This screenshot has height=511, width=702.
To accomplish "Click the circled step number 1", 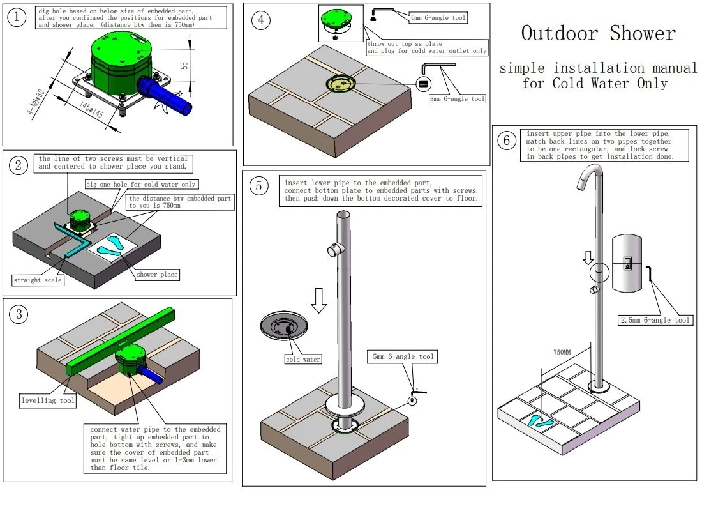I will pyautogui.click(x=17, y=18).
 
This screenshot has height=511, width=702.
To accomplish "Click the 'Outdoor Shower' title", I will pyautogui.click(x=598, y=33).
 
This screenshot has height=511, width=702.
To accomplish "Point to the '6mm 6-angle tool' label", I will pyautogui.click(x=438, y=19).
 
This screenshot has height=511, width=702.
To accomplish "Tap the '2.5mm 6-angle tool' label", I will pyautogui.click(x=655, y=320).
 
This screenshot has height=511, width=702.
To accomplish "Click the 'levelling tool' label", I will pyautogui.click(x=48, y=401).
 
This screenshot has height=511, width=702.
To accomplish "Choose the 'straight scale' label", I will pyautogui.click(x=37, y=280).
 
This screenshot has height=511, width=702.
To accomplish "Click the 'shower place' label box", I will pyautogui.click(x=158, y=275).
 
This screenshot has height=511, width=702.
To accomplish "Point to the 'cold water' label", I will pyautogui.click(x=302, y=359).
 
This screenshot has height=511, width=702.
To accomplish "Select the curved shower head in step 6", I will pyautogui.click(x=588, y=176).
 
